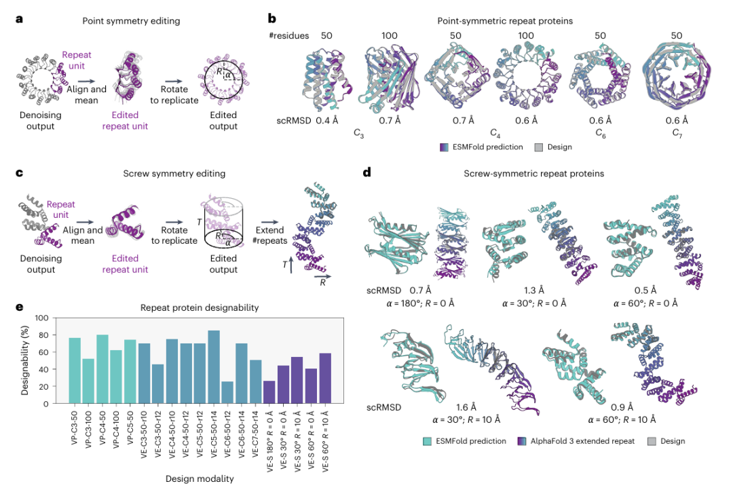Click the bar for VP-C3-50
[75, 371]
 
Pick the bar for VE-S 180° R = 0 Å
[269, 392]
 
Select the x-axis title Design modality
[199, 478]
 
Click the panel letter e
[19, 307]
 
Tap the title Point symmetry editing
[131, 21]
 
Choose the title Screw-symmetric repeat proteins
[525, 173]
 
